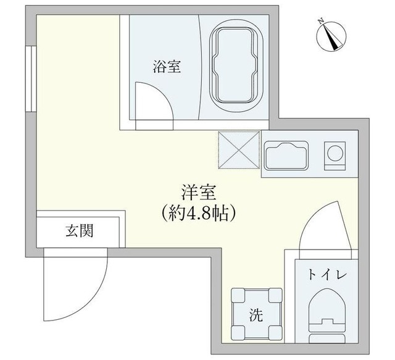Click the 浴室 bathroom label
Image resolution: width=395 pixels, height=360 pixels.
pos(167,67)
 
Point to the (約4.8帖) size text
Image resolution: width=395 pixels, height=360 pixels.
pos(197,213)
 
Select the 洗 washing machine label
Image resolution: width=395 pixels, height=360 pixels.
pos(256,315)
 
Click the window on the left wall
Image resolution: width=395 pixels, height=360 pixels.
pos(29,77)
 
